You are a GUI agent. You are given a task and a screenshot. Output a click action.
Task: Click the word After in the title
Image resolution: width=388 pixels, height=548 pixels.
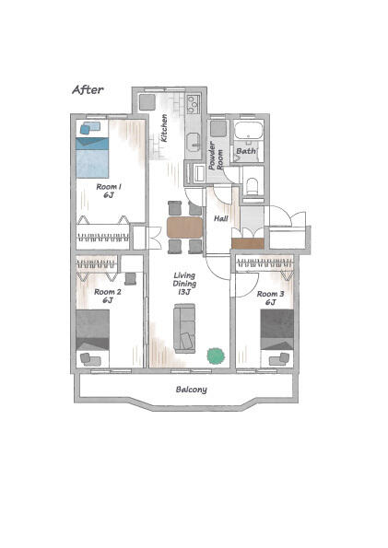point(88,90)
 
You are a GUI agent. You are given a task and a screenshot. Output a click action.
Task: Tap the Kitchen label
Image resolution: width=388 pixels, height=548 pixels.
point(164,128)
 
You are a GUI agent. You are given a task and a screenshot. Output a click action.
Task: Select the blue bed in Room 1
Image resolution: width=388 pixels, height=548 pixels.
point(92,157)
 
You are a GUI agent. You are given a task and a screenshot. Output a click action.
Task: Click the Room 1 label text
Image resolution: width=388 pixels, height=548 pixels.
point(109,191)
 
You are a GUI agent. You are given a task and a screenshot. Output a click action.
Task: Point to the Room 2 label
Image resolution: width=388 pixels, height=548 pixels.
point(108,296)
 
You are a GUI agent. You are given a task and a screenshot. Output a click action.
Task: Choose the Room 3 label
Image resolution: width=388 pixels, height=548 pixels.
point(270,297)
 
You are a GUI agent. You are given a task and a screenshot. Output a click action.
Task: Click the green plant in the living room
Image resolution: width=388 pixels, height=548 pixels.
point(216,356)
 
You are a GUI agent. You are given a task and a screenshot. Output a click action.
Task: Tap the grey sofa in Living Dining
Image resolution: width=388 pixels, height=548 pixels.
point(184,328)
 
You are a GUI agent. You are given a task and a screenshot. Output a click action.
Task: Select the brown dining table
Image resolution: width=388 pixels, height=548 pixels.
point(184,227)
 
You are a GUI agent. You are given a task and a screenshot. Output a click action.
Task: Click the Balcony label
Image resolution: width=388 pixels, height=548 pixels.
point(192,390)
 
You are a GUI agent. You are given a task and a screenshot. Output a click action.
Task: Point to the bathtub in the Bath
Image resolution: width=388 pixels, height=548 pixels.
point(248,130)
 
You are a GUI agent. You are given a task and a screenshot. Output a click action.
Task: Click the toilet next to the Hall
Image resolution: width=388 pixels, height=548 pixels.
point(252,186)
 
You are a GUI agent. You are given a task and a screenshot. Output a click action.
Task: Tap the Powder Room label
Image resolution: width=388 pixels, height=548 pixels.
point(215,156)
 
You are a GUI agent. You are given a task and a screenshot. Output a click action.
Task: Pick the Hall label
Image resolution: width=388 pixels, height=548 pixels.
point(221,218)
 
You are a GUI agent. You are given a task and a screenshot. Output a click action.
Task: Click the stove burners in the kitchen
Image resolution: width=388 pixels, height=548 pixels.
point(194,104)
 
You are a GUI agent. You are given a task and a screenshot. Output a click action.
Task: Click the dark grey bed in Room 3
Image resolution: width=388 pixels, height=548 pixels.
point(277,330)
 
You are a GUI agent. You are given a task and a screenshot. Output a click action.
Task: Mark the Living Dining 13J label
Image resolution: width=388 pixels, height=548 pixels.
point(184,284)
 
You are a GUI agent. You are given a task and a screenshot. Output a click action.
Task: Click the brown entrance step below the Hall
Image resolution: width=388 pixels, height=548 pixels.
point(248,243)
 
